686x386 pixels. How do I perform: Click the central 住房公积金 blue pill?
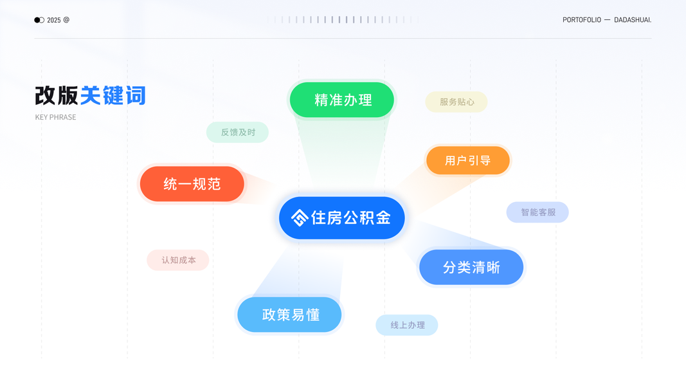[x=342, y=218]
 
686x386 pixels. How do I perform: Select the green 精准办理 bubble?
[x=342, y=100]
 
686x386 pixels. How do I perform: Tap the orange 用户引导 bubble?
[x=467, y=160]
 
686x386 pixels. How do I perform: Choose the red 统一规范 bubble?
[x=192, y=184]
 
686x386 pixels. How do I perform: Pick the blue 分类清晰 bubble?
[x=471, y=267]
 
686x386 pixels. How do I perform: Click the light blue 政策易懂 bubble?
[x=289, y=315]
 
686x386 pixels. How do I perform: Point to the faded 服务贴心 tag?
[x=456, y=102]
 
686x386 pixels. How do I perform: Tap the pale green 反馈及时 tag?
[x=237, y=132]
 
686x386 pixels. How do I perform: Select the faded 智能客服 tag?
[x=537, y=212]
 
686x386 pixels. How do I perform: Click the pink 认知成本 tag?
[x=178, y=260]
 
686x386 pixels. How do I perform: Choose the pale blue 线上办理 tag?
[x=407, y=325]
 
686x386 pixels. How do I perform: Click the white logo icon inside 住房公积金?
[x=299, y=218]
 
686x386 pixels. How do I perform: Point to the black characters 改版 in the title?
[x=57, y=96]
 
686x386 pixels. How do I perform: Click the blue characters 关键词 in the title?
[x=113, y=96]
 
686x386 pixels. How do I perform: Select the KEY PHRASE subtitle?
[x=55, y=117]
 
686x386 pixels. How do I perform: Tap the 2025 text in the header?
[x=54, y=20]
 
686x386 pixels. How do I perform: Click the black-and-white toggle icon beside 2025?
[x=39, y=20]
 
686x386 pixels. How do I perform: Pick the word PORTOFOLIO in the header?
[x=582, y=20]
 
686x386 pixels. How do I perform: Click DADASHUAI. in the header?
[x=633, y=20]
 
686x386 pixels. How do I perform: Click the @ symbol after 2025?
[x=66, y=20]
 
